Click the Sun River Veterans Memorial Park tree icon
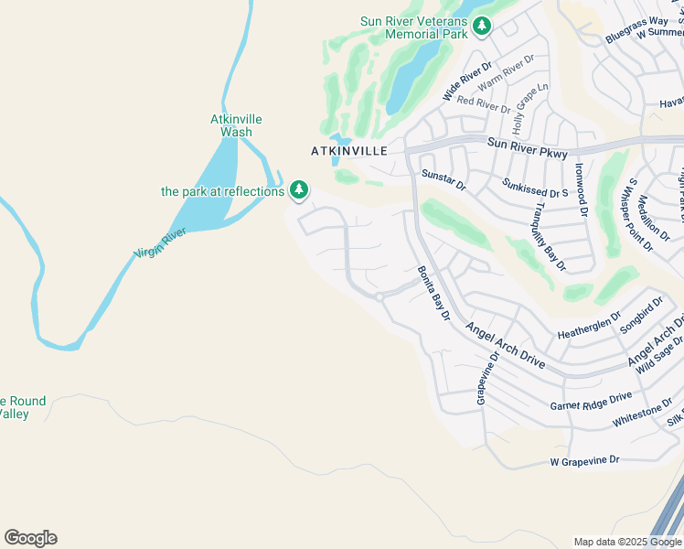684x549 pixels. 482,27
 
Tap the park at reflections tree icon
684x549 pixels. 298,190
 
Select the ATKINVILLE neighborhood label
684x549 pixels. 349,150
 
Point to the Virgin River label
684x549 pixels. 161,242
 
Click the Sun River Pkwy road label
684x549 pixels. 528,143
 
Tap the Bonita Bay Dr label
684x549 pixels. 434,293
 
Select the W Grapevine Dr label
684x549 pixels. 585,460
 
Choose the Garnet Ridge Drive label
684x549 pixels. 591,401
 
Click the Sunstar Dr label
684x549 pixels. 444,179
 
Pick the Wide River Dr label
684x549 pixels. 467,81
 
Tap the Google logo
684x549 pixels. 30,538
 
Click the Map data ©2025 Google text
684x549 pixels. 626,542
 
